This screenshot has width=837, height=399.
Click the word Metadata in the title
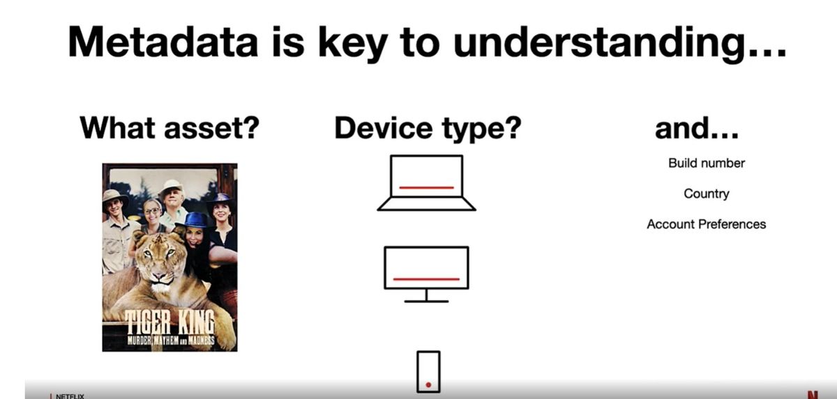[163, 41]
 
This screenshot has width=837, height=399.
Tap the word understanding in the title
[620, 44]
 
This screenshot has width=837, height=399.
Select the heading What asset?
[169, 128]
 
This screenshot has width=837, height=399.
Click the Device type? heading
[428, 129]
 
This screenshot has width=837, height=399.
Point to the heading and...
[697, 128]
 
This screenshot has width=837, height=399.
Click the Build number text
[707, 163]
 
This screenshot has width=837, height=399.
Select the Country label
[707, 194]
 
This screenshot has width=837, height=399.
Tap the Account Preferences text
[707, 224]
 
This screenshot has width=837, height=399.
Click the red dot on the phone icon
[428, 384]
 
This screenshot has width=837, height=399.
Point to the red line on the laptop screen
[427, 187]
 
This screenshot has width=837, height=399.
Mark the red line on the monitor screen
[426, 279]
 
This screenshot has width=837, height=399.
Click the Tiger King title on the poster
[170, 322]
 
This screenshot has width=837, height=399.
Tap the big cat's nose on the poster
[160, 276]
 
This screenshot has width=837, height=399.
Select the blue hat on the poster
[195, 220]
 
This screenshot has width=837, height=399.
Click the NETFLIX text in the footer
[70, 396]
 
